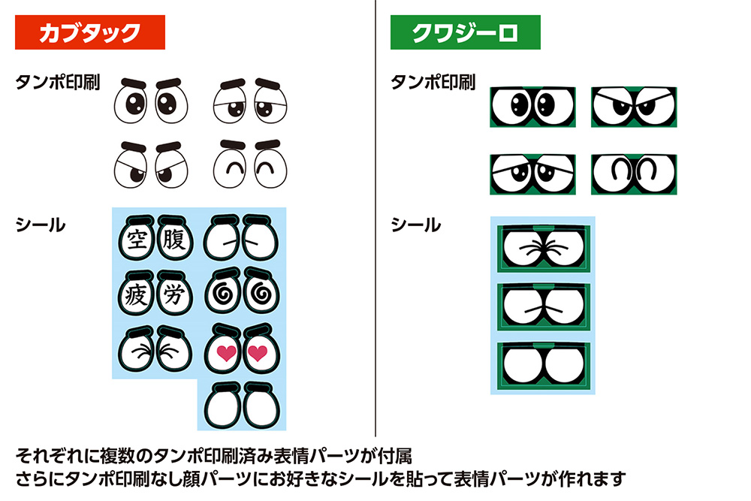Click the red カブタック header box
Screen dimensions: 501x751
coord(90,33)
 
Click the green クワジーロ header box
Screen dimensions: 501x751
coord(465,33)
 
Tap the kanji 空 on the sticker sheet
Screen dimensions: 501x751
coord(136,240)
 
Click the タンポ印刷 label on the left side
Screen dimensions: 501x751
coord(58,82)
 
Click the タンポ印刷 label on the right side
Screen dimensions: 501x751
coord(433,82)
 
